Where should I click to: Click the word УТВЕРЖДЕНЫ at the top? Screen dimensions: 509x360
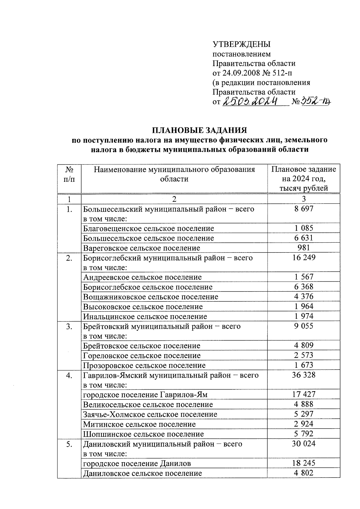coord(241,45)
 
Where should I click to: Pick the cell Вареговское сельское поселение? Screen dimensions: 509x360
coord(142,248)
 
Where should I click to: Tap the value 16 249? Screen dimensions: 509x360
coord(304,258)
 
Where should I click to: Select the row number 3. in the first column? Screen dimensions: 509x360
coord(69,326)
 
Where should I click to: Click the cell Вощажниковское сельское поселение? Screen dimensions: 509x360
coord(151,297)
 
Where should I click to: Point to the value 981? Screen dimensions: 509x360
coord(304,248)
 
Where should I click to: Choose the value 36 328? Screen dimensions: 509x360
coord(304,375)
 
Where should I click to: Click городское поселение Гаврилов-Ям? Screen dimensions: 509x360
coord(145,395)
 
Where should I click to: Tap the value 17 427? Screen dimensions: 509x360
coord(304,394)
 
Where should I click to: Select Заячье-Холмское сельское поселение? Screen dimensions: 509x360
coord(150,415)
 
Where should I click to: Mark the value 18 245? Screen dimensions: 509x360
coord(304,463)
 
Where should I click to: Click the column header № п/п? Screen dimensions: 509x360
coord(69,174)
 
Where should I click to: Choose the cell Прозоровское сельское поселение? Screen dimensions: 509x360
coord(144,365)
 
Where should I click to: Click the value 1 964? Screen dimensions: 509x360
coord(304,307)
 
